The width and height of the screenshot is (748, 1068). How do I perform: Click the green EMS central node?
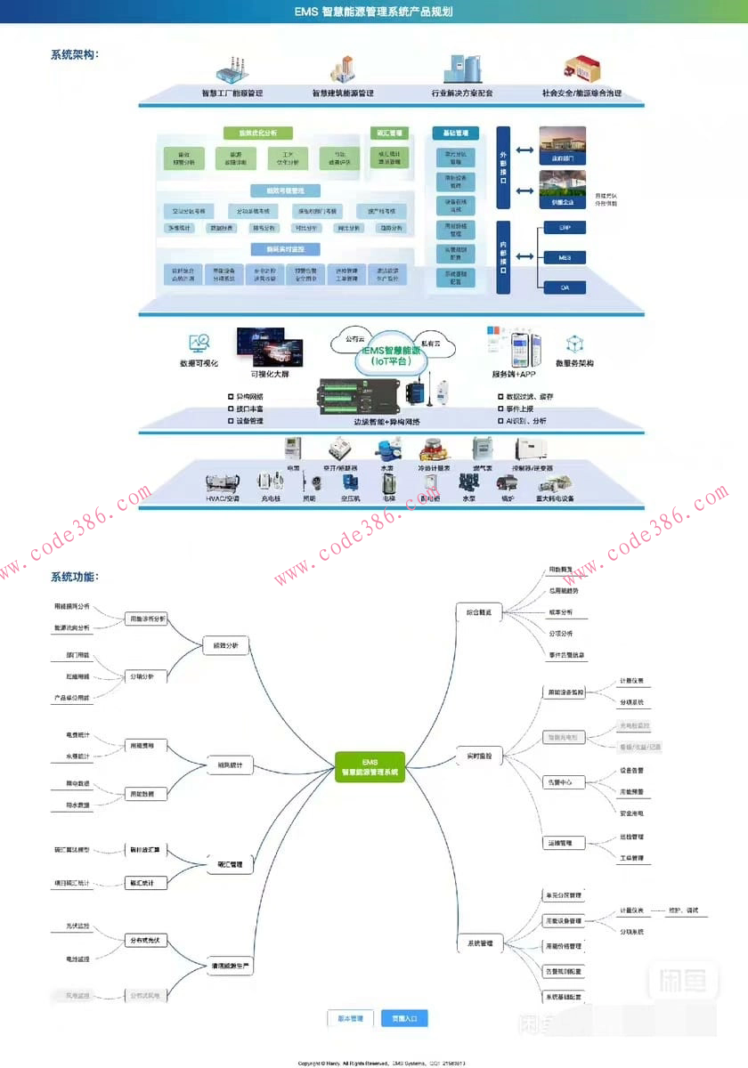pyautogui.click(x=370, y=766)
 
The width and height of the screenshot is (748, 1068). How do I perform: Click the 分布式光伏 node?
pyautogui.click(x=146, y=940)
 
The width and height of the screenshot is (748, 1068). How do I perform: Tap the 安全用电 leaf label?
pyautogui.click(x=631, y=813)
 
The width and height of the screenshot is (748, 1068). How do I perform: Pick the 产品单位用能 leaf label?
pyautogui.click(x=72, y=698)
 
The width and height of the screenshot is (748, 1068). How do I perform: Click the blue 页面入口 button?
pyautogui.click(x=404, y=1018)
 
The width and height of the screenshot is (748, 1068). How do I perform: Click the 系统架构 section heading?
pyautogui.click(x=75, y=55)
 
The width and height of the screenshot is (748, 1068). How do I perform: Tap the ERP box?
pyautogui.click(x=565, y=228)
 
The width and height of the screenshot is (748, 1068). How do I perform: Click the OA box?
pyautogui.click(x=565, y=287)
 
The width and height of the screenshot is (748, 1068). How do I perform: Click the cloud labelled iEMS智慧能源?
pyautogui.click(x=392, y=353)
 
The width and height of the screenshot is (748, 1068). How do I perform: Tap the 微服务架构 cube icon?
pyautogui.click(x=574, y=344)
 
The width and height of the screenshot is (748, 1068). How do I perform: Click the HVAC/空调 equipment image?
pyautogui.click(x=222, y=483)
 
